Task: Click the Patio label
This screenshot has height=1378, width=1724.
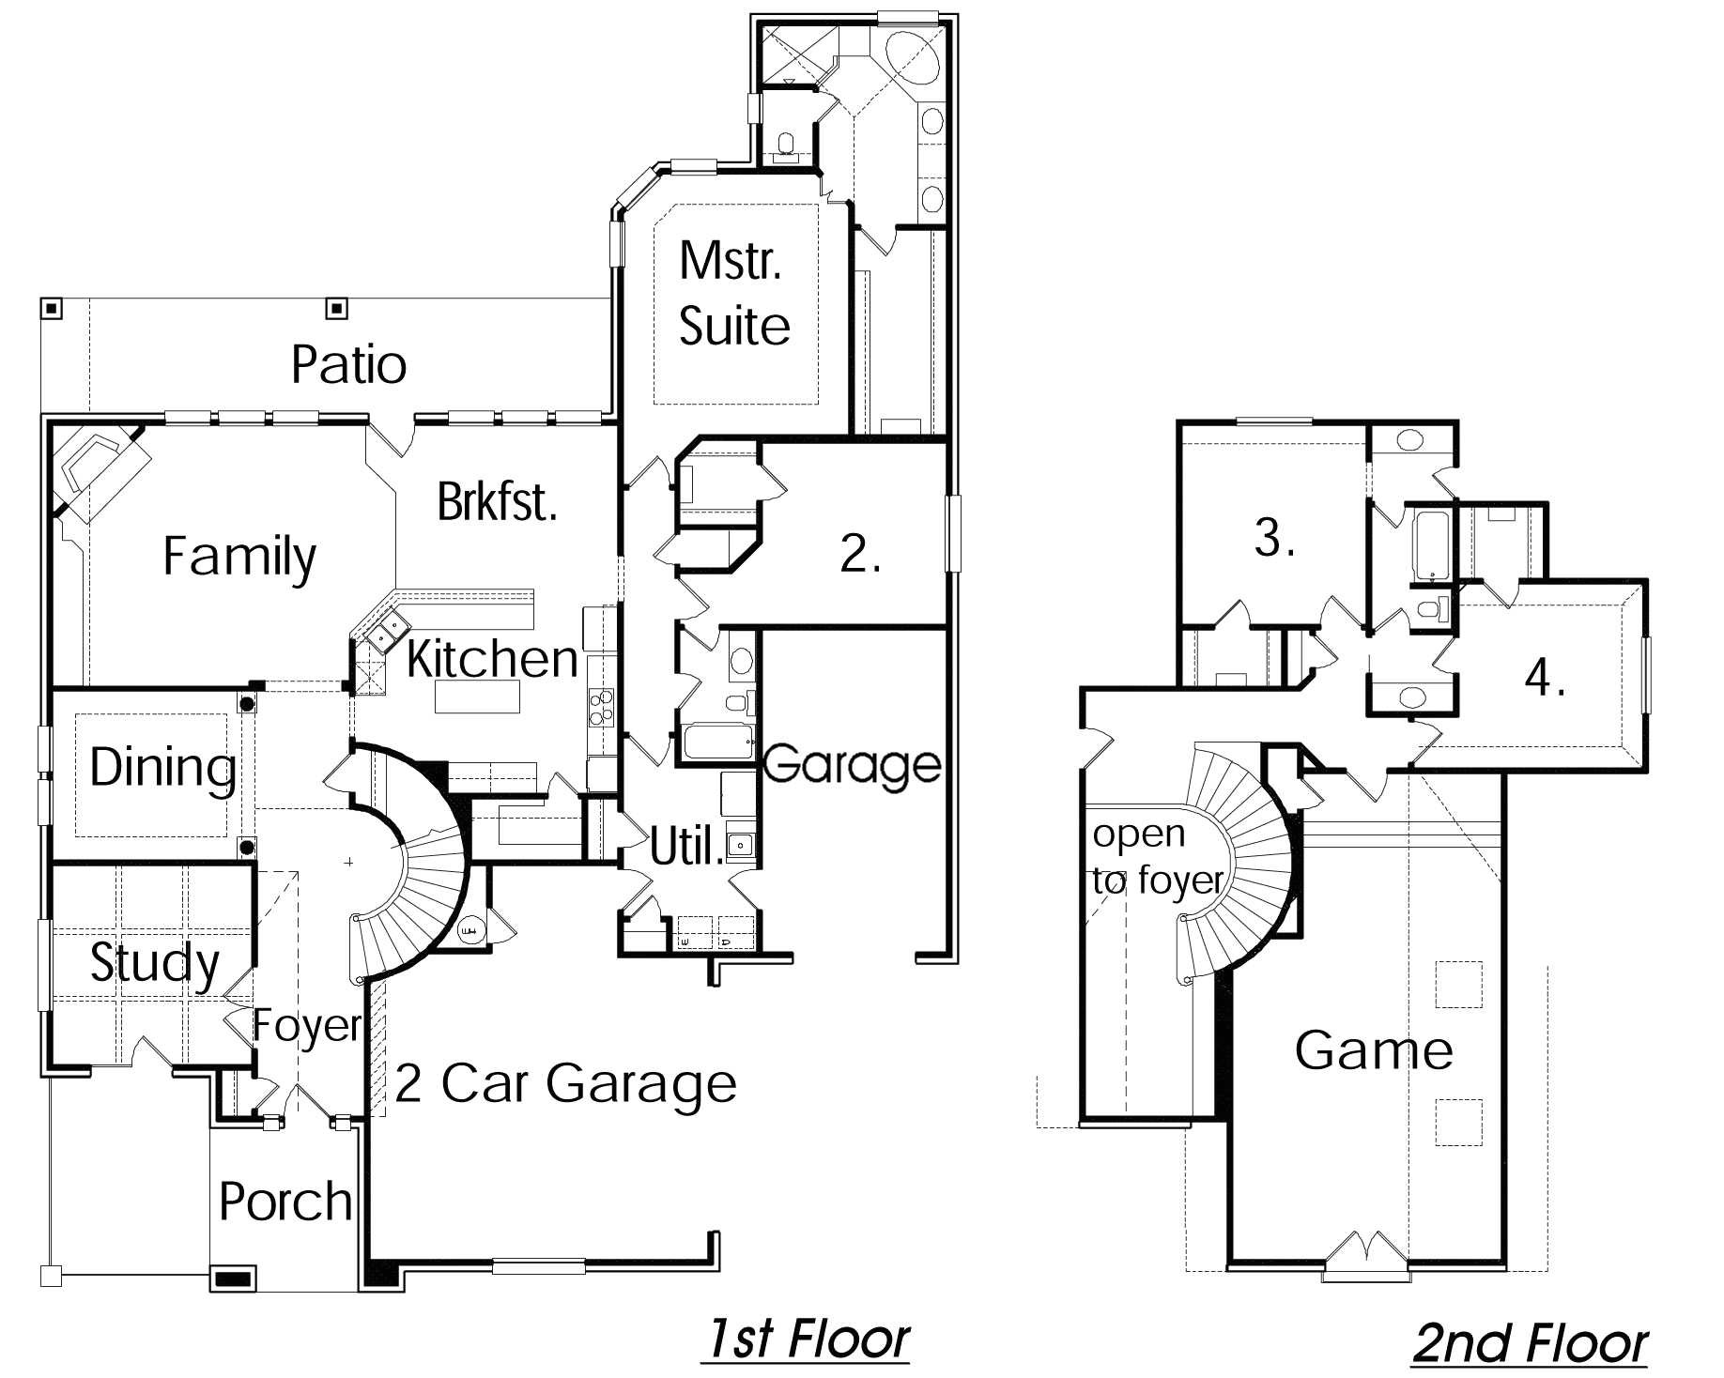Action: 348,364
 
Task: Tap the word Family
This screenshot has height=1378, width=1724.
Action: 239,556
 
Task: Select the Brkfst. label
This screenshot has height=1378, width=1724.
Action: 497,501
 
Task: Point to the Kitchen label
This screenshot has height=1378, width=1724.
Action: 491,658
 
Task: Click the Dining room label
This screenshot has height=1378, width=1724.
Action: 162,767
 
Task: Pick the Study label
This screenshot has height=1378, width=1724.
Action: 154,962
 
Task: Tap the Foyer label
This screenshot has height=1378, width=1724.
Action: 306,1025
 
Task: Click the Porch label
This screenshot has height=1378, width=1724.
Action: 285,1201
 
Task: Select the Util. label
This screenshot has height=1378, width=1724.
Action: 686,849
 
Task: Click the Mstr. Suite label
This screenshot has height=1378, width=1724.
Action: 733,293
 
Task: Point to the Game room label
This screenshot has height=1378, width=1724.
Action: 1374,1049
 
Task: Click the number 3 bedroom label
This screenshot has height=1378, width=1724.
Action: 1274,538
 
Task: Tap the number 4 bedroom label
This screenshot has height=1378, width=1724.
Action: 1545,677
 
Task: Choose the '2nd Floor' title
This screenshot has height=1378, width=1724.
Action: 1531,1343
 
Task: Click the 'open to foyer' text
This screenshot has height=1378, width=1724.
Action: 1156,857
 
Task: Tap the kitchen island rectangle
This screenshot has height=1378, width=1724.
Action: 477,697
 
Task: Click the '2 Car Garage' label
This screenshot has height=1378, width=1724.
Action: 565,1083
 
